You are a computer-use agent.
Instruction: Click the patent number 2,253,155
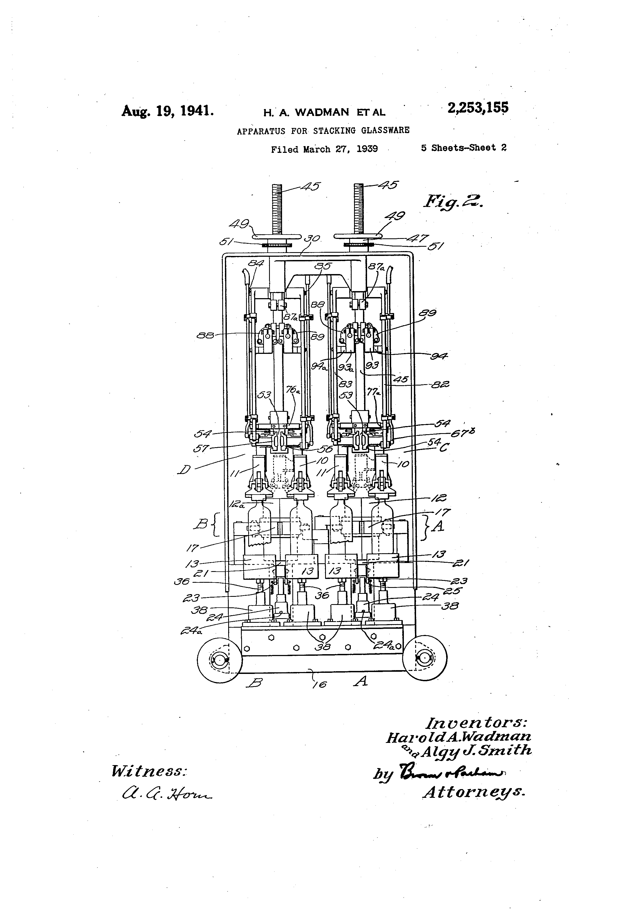pyautogui.click(x=477, y=108)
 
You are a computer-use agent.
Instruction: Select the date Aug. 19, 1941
pyautogui.click(x=168, y=110)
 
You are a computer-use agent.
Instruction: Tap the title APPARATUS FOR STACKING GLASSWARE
pyautogui.click(x=323, y=130)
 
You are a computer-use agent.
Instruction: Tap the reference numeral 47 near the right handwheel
pyautogui.click(x=418, y=238)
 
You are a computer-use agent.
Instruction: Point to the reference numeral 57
pyautogui.click(x=201, y=449)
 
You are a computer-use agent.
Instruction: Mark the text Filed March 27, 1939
pyautogui.click(x=324, y=150)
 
